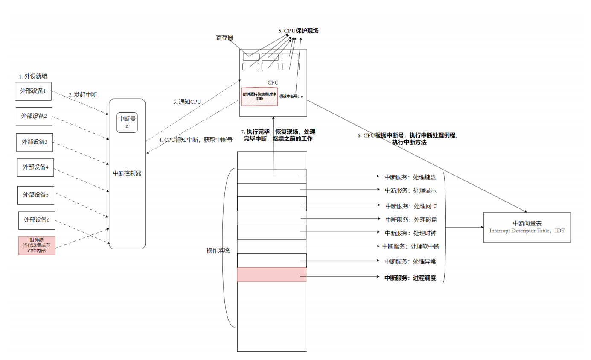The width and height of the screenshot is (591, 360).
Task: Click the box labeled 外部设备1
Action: coord(33,91)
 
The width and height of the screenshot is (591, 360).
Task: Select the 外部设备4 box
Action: coord(35,167)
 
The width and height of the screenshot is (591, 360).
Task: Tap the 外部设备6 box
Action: coord(37,220)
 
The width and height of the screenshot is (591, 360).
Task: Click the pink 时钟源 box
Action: coord(37,246)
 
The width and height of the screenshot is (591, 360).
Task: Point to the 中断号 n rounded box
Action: coord(127,123)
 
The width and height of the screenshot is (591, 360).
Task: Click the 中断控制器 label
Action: coord(127,173)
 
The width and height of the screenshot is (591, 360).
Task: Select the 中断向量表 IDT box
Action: coord(527,227)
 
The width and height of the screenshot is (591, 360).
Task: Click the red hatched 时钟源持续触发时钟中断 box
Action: coord(259,97)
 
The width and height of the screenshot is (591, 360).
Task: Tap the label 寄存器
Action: coord(224,38)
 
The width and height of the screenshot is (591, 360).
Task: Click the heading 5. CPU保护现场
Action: coord(298,31)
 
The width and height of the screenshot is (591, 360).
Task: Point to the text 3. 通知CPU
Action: coord(187,102)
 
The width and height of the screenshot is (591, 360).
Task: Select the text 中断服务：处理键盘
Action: coord(410,177)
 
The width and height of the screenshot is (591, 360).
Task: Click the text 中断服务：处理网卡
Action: coord(411,206)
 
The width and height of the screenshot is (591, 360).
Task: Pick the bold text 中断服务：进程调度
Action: coord(410,278)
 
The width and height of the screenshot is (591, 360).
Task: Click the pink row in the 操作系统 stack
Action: coord(272,275)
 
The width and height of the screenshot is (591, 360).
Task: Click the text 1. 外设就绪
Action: coord(33,76)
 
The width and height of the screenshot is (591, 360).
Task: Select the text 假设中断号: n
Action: coord(291,97)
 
